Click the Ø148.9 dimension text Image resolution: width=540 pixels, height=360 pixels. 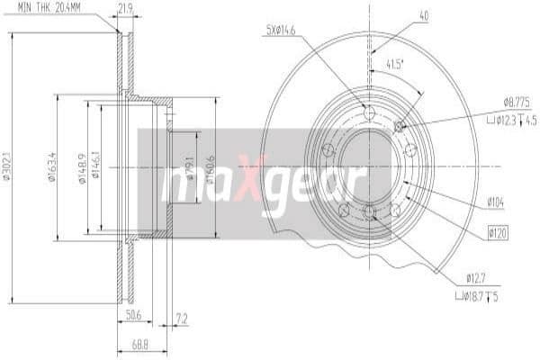point(83,166)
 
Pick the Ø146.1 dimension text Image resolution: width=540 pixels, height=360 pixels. point(96,166)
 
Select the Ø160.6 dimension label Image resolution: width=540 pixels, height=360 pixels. point(208,166)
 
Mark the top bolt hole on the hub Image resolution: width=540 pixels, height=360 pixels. point(369,112)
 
